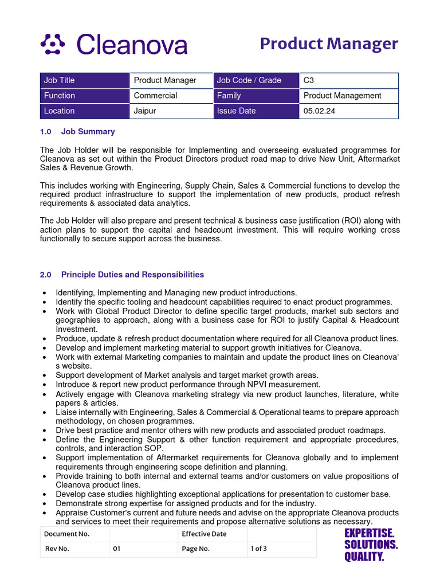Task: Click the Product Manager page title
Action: [x=329, y=44]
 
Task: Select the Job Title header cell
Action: [x=85, y=80]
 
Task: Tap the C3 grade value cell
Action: [x=348, y=80]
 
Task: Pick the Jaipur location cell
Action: [x=171, y=111]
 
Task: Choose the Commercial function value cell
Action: [x=171, y=96]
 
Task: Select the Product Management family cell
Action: [x=348, y=96]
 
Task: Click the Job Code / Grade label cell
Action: [x=256, y=80]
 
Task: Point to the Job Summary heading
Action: [x=88, y=132]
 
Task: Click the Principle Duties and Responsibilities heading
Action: [x=132, y=275]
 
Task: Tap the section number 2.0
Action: [x=46, y=275]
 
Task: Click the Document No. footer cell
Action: [x=74, y=534]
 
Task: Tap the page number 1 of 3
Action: [x=258, y=549]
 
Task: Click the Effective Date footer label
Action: [x=212, y=534]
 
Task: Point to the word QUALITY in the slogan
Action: [x=364, y=557]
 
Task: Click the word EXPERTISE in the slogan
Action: [x=369, y=533]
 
